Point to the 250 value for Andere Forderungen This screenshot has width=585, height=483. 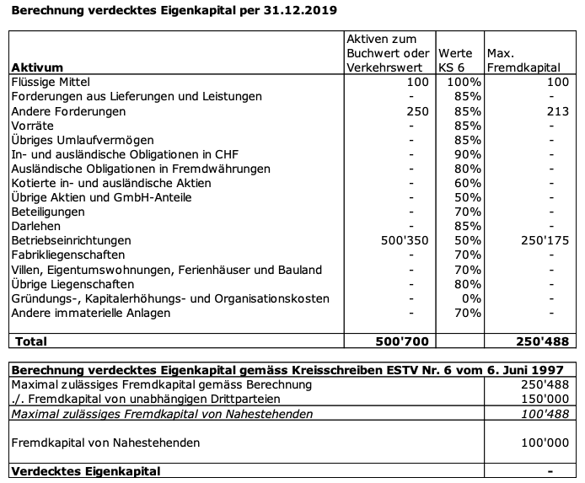point(417,111)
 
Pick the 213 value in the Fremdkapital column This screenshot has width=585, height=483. point(558,111)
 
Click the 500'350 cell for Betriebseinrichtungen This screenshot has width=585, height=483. point(405,240)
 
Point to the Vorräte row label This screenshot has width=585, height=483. point(33,126)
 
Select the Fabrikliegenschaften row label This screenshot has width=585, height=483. point(68,255)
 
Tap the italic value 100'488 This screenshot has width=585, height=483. point(545,413)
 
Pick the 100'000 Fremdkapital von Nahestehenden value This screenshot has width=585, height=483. point(545,442)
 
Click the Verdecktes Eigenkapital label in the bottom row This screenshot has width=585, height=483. point(85,470)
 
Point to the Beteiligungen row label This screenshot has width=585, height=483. point(48,212)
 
